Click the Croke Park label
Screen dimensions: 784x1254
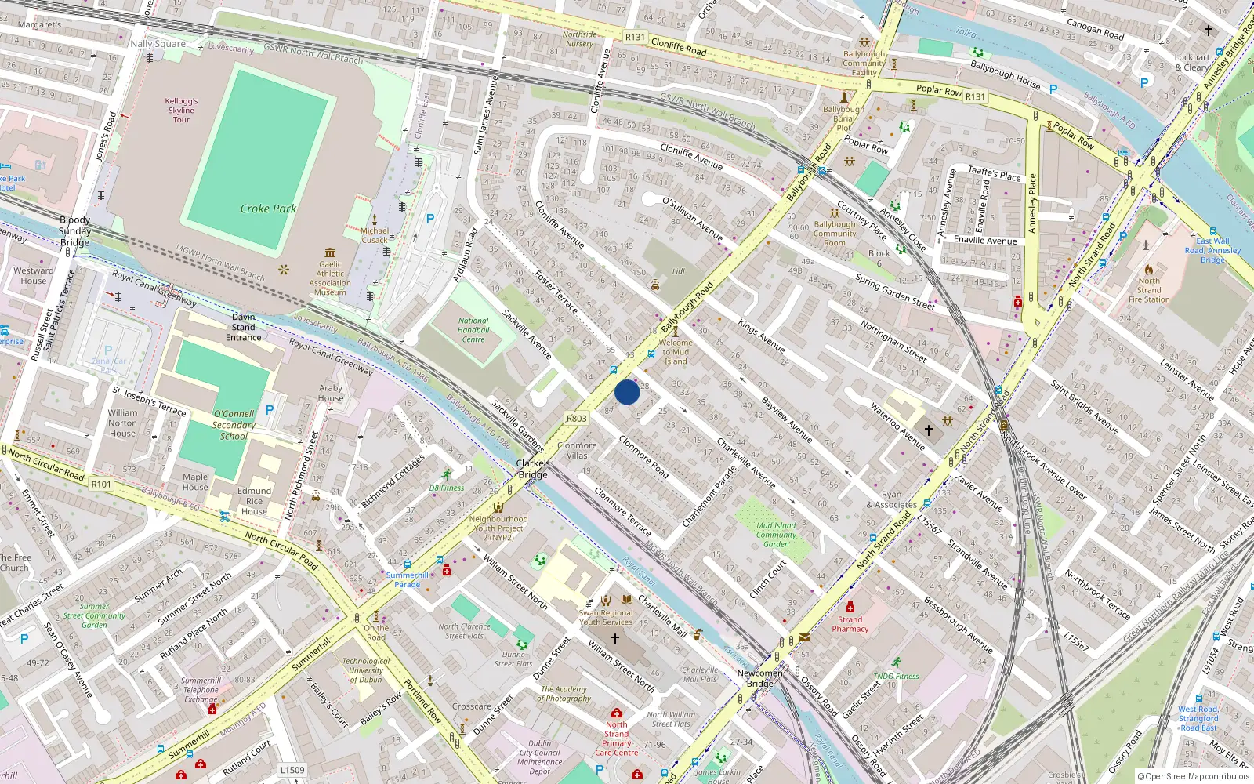268,209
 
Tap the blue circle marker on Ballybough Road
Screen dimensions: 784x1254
627,392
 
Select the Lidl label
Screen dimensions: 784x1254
678,272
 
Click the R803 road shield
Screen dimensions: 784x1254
577,419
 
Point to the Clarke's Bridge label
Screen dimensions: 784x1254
533,469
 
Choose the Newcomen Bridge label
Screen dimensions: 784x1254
759,678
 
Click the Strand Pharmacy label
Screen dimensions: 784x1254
850,624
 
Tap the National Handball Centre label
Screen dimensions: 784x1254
473,330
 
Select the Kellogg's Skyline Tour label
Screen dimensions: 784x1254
181,111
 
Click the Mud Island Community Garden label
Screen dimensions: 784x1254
776,535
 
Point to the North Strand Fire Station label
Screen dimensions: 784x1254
1149,290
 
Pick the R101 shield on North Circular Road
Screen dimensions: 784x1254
101,485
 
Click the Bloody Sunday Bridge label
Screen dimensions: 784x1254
74,231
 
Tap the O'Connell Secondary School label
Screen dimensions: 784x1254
234,425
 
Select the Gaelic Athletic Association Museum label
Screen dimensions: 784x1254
330,278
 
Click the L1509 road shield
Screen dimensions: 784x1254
292,770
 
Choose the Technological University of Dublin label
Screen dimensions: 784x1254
366,670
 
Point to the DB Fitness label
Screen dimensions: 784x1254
447,488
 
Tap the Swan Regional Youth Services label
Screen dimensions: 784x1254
606,618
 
